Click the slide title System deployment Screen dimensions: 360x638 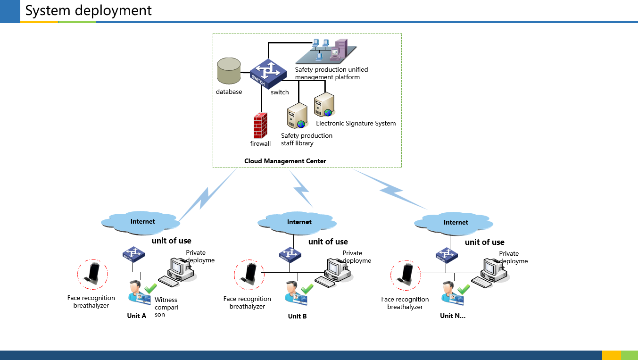tap(89, 10)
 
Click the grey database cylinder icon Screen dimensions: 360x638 tap(229, 71)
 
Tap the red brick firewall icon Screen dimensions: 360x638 tap(260, 126)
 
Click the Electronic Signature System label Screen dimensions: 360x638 tap(356, 124)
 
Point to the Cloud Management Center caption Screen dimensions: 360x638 tap(285, 161)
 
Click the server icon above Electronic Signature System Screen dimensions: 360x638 tap(324, 105)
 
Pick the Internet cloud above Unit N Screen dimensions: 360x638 tap(456, 223)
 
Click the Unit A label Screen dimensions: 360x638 tap(137, 316)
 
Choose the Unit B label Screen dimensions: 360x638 tap(298, 317)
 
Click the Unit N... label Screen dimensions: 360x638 tap(453, 316)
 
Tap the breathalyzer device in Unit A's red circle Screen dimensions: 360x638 tap(93, 274)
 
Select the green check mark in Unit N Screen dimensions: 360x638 tap(464, 288)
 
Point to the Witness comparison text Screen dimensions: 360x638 tap(166, 307)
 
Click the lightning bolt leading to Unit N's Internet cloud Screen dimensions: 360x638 tap(391, 190)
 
